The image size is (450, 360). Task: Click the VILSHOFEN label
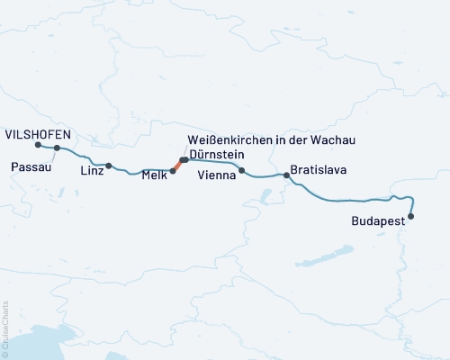(38, 133)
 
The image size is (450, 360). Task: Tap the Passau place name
(29, 166)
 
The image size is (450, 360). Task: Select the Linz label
(92, 170)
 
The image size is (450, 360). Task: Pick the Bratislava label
(319, 169)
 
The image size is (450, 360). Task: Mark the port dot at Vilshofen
(38, 145)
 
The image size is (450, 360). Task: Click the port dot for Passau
(57, 148)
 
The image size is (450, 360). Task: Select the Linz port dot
(109, 166)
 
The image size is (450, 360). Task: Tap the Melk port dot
(173, 170)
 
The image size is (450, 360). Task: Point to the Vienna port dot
(242, 170)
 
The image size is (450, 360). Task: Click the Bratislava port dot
(287, 175)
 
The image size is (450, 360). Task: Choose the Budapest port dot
(411, 216)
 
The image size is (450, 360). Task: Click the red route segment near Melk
(177, 166)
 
